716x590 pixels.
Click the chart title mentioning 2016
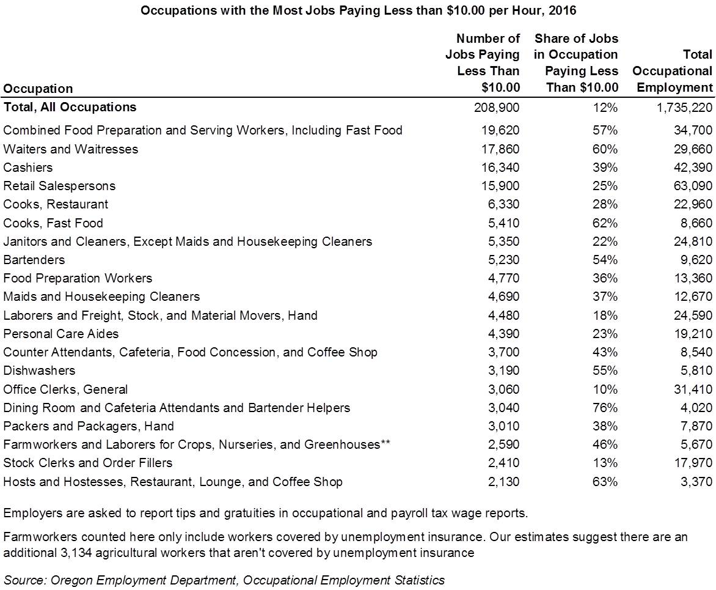pyautogui.click(x=359, y=10)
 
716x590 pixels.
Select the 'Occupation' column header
pyautogui.click(x=38, y=88)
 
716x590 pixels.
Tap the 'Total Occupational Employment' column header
pyautogui.click(x=672, y=71)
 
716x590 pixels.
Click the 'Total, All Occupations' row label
pyautogui.click(x=70, y=107)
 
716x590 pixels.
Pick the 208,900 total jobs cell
pyautogui.click(x=497, y=108)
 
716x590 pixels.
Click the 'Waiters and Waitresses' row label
pyautogui.click(x=70, y=149)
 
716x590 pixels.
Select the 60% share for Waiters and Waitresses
pyautogui.click(x=605, y=149)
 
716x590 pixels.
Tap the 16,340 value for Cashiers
pyautogui.click(x=500, y=168)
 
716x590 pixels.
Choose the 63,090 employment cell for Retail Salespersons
pyautogui.click(x=693, y=186)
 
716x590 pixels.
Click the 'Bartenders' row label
pyautogui.click(x=34, y=260)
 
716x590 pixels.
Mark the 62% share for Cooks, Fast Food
pyautogui.click(x=605, y=223)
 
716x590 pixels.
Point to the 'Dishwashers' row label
pyautogui.click(x=39, y=370)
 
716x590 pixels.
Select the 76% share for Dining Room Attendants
pyautogui.click(x=605, y=408)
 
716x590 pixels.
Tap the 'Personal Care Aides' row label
pyautogui.click(x=60, y=334)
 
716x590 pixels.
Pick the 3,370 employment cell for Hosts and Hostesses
pyautogui.click(x=696, y=482)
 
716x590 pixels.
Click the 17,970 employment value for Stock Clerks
pyautogui.click(x=693, y=463)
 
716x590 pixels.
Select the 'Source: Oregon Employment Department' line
pyautogui.click(x=224, y=580)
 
